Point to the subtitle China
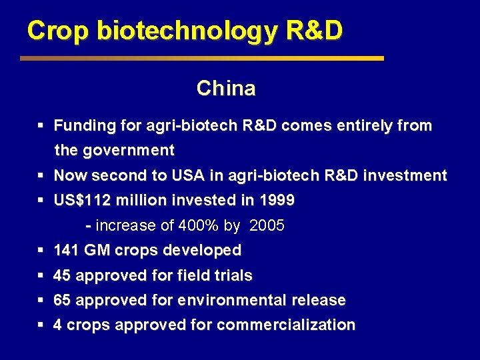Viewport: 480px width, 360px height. tap(226, 89)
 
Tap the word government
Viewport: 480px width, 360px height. tap(128, 151)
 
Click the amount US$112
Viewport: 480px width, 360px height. tap(81, 201)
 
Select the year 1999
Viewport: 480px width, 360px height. tap(276, 201)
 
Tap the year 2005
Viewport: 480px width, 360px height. tap(267, 226)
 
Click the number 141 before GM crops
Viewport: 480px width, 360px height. tap(66, 251)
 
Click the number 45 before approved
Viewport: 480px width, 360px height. tap(62, 276)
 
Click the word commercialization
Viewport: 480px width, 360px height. tap(286, 325)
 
